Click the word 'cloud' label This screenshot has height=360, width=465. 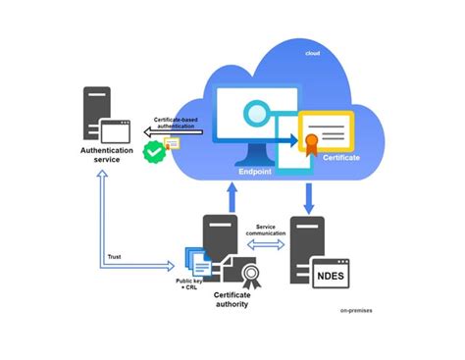click(313, 51)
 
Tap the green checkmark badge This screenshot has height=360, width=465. click(152, 151)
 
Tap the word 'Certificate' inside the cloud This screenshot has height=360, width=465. click(339, 157)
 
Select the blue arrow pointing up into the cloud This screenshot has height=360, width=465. click(232, 195)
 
